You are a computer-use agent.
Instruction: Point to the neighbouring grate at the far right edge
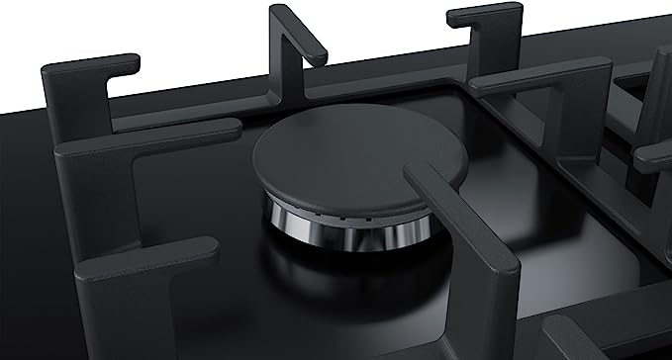(653, 148)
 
